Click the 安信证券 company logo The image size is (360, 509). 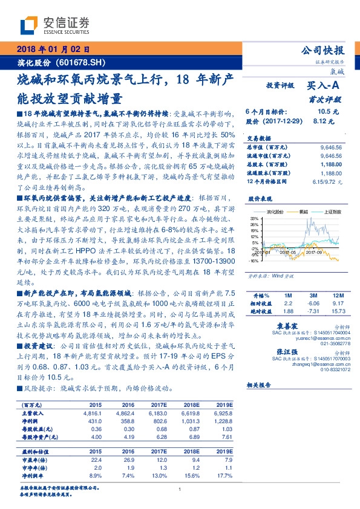pos(54,25)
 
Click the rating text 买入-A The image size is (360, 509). pos(325,86)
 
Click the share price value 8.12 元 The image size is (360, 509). pos(328,121)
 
